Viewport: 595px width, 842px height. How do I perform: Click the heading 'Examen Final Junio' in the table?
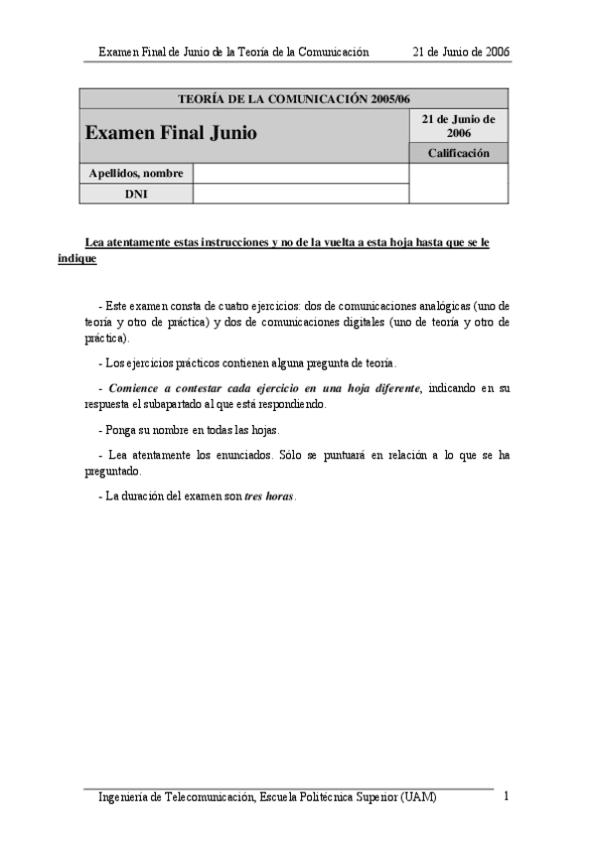[171, 132]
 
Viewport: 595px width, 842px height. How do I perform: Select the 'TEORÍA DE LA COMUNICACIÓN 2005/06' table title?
[293, 98]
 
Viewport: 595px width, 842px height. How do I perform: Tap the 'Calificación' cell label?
[458, 153]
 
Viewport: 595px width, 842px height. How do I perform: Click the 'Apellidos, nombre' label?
[136, 174]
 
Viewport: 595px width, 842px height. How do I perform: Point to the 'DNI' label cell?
[136, 194]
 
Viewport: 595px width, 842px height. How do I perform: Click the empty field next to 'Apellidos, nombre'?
[301, 174]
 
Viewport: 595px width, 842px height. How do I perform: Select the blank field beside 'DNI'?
[301, 194]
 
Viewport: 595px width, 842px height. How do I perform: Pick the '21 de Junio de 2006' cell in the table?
[458, 125]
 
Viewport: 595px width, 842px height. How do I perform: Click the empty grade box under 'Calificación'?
[458, 184]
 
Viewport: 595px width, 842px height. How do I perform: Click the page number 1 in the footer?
[507, 796]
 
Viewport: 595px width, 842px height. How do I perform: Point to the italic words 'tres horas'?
[269, 495]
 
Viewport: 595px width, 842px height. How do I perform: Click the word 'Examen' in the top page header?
[120, 51]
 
